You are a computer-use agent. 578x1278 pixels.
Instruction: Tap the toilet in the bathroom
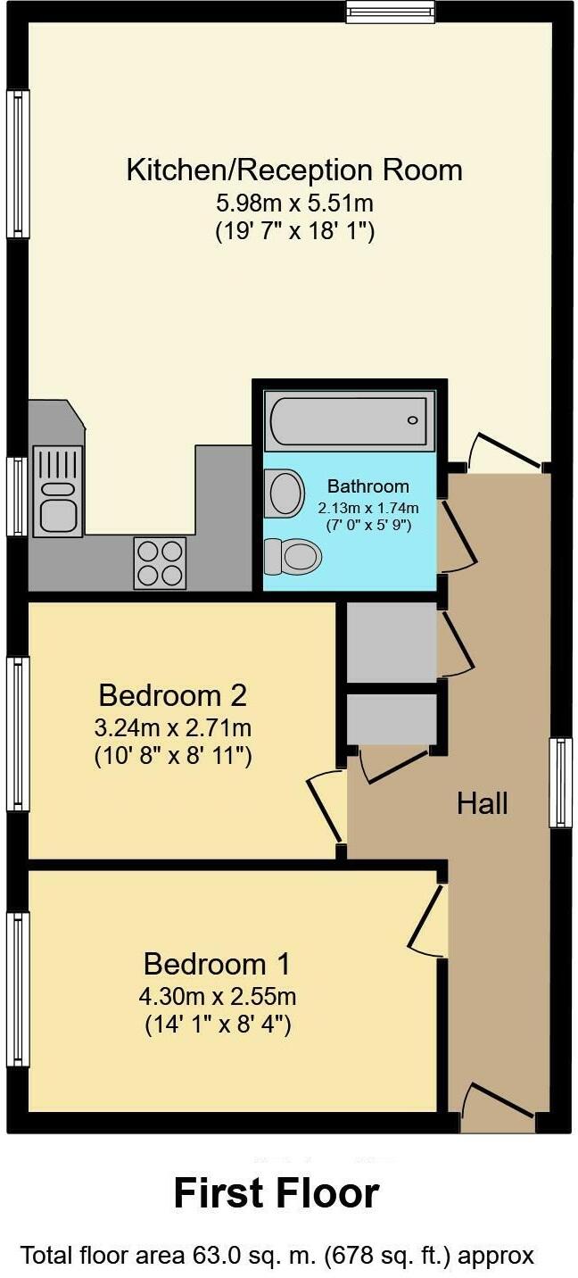pos(293,557)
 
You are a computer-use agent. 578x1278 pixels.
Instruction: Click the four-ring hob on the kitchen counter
pos(160,562)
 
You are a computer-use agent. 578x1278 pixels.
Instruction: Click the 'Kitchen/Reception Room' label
pos(294,170)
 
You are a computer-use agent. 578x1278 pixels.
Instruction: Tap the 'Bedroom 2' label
pos(172,694)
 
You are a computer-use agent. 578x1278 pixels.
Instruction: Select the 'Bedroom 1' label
pos(217,964)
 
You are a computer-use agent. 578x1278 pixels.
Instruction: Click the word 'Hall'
pos(483,803)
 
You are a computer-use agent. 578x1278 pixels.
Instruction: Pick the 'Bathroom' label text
pos(368,486)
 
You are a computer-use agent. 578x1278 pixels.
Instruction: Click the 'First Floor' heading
pos(277,1192)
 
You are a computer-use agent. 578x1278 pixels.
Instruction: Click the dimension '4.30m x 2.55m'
pos(219,995)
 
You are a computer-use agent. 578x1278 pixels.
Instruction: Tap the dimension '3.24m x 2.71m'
pos(173,726)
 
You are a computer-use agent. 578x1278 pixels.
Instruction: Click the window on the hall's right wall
pos(560,783)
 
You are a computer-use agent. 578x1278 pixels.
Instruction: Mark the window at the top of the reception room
pos(392,11)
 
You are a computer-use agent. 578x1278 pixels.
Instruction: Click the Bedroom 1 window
pos(18,988)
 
